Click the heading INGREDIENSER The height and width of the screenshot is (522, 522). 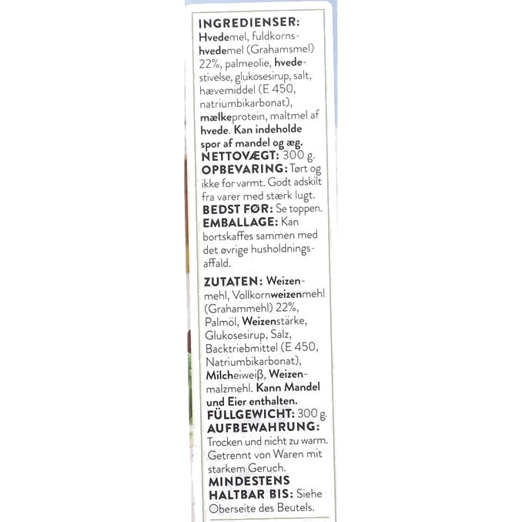pyautogui.click(x=249, y=23)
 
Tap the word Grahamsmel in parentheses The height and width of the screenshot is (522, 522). pyautogui.click(x=280, y=49)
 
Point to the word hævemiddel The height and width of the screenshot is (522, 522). pyautogui.click(x=227, y=90)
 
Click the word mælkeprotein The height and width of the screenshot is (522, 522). pyautogui.click(x=233, y=117)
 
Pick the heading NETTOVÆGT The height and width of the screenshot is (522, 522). pyautogui.click(x=239, y=156)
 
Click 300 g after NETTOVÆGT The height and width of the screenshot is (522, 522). pyautogui.click(x=298, y=156)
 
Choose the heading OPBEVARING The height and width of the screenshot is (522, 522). pyautogui.click(x=244, y=169)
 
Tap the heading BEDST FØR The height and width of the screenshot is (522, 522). pyautogui.click(x=238, y=209)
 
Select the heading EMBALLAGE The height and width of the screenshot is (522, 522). pyautogui.click(x=240, y=223)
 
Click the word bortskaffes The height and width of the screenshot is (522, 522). pyautogui.click(x=228, y=236)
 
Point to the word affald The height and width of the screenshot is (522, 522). pyautogui.click(x=217, y=263)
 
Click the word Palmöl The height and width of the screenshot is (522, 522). pyautogui.click(x=222, y=322)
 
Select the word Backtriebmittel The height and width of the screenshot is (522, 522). pyautogui.click(x=241, y=348)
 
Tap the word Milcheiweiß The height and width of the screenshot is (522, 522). pyautogui.click(x=235, y=375)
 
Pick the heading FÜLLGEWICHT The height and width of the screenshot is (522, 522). pyautogui.click(x=251, y=415)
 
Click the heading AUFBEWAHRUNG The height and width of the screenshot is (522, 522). pyautogui.click(x=263, y=428)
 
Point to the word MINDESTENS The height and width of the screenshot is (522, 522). pyautogui.click(x=249, y=481)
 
